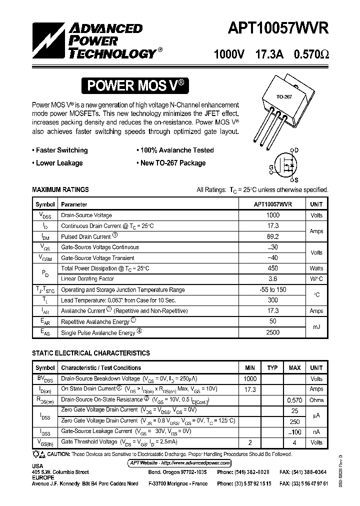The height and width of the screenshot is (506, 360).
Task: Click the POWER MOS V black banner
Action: [x=136, y=85]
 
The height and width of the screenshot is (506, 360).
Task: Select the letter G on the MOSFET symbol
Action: [x=271, y=167]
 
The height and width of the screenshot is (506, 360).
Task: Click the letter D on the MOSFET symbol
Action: [x=296, y=150]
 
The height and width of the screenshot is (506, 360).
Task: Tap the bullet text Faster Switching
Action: [x=61, y=150]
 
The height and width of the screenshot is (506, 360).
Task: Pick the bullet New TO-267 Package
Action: [x=172, y=163]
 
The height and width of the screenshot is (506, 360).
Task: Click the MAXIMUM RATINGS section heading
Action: [x=60, y=189]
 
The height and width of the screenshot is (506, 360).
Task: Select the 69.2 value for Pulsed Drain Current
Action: [x=273, y=236]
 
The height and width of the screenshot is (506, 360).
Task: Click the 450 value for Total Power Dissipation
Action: [x=273, y=268]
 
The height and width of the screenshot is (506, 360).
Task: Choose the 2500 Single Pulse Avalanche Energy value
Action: [x=273, y=332]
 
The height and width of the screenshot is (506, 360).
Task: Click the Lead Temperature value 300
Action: [x=273, y=300]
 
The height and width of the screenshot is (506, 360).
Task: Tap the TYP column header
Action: [x=272, y=368]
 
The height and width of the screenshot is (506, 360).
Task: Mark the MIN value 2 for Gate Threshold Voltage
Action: [x=250, y=442]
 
